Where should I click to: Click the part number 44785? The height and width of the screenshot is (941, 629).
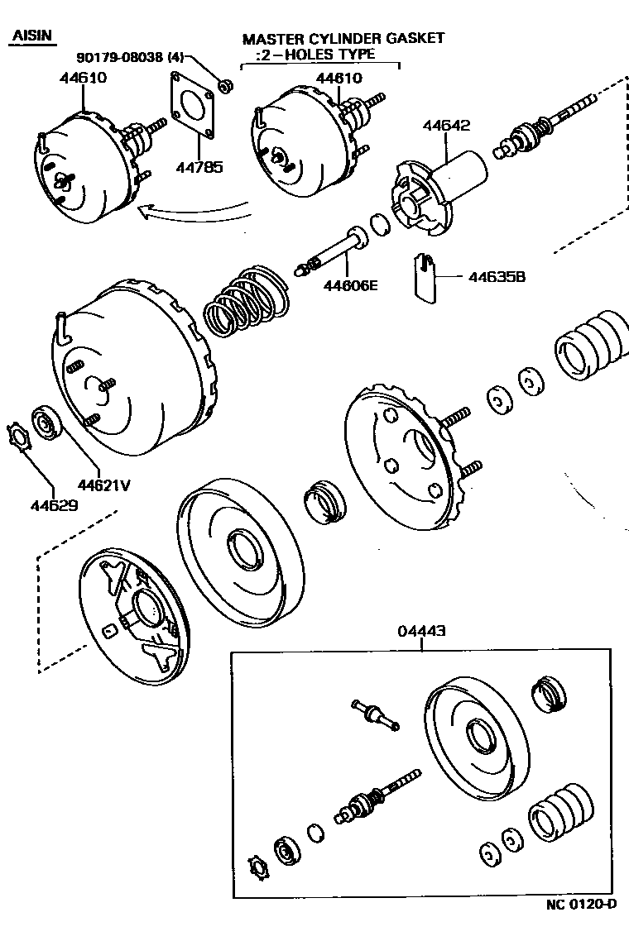pos(199,166)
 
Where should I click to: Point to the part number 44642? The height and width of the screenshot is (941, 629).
pos(446,126)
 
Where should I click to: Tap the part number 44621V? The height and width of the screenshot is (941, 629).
pos(104,485)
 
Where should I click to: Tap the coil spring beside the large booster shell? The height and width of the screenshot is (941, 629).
pos(247,302)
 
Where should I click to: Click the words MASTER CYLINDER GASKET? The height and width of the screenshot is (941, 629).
pos(343,38)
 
